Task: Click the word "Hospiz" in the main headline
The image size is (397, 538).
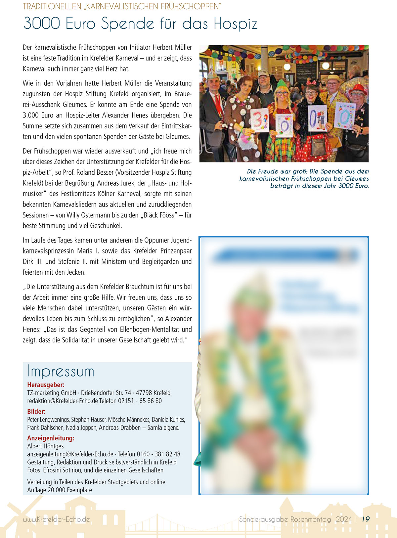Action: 235,24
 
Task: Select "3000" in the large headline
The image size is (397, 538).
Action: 42,23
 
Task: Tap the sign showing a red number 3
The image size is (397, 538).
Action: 260,120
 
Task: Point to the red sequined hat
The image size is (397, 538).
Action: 358,89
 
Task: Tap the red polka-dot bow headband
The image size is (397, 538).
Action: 311,83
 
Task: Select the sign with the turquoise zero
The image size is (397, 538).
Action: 345,115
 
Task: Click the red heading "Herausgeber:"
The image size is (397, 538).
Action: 46,385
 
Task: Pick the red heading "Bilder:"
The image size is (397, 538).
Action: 36,412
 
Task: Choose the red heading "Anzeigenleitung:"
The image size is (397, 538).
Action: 51,438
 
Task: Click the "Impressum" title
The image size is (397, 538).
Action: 61,371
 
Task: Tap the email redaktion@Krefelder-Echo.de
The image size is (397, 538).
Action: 63,401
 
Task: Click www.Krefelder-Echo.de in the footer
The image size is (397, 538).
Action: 56,519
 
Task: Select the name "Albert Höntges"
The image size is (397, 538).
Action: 45,446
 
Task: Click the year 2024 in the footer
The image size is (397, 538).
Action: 344,519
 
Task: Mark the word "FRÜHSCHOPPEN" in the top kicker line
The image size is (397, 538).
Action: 190,6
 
